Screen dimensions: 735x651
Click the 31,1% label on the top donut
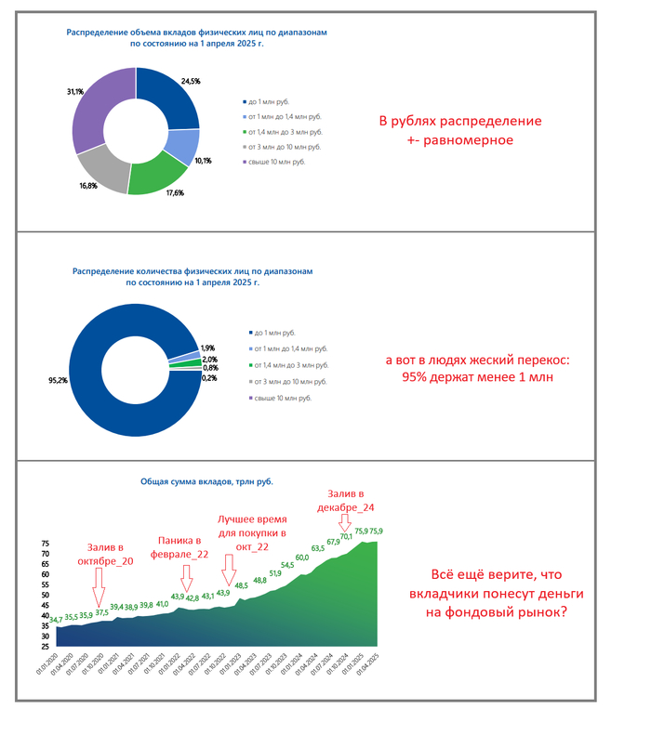(75, 92)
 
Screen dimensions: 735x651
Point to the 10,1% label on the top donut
(203, 161)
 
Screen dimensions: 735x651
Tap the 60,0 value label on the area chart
(302, 558)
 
